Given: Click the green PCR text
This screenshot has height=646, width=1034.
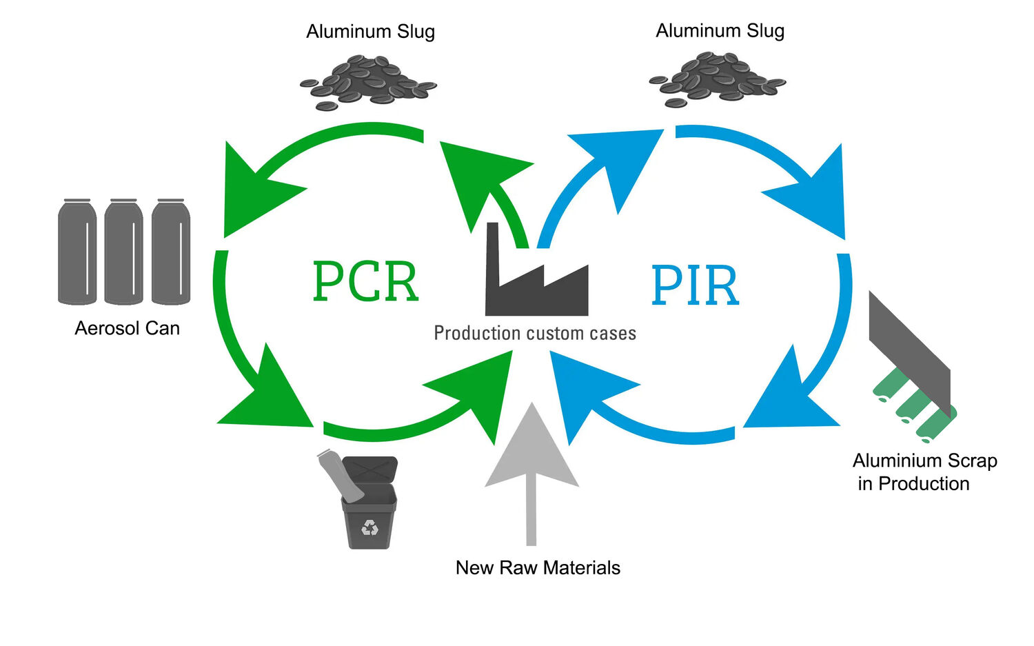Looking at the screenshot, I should click(365, 281).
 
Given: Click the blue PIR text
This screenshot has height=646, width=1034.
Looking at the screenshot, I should click(695, 285).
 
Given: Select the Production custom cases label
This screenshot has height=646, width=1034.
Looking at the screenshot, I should click(534, 334).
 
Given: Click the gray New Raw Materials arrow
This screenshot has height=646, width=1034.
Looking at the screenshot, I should click(531, 462).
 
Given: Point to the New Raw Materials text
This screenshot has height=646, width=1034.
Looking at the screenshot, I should click(538, 567).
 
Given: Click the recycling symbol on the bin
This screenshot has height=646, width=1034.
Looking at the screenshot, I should click(370, 528).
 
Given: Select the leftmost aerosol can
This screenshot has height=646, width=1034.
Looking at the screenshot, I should click(77, 252).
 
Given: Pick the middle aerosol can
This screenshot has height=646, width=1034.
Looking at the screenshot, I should click(123, 252).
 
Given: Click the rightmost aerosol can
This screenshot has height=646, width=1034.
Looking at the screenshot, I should click(170, 252).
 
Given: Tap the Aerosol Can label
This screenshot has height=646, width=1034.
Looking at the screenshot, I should click(127, 328).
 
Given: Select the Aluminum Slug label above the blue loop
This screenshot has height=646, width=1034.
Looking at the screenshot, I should click(720, 31).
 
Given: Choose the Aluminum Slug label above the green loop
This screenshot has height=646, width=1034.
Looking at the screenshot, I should click(370, 32).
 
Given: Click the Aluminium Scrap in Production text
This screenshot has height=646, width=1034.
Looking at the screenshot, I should click(924, 472).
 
